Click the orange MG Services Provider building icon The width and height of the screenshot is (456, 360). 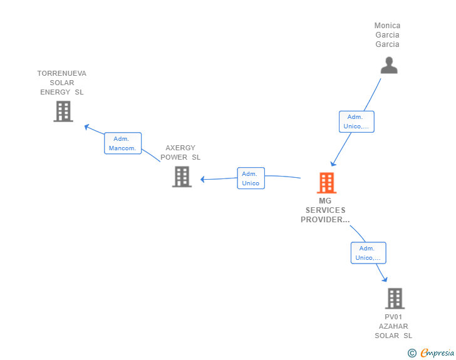pos(326,183)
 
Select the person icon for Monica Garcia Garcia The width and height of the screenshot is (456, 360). pos(389,65)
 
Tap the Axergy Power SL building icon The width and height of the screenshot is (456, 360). pos(182,177)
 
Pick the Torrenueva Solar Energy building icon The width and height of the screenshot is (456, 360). pos(63,111)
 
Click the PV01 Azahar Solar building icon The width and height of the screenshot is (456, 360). pos(395,299)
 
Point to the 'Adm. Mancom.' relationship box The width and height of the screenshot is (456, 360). pos(123,143)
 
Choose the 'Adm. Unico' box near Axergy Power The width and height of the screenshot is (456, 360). pos(251,178)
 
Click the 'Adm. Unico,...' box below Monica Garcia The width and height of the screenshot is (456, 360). pos(356,121)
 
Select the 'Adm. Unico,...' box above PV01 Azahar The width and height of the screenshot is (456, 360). pos(368,253)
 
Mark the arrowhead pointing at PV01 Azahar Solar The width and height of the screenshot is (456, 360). pos(384,279)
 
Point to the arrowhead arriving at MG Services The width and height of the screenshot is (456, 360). pos(333,165)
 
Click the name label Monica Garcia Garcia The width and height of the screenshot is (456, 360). pos(387,35)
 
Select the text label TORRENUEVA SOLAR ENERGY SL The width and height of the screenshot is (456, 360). pos(61,83)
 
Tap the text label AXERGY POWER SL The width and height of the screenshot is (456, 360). pos(180,153)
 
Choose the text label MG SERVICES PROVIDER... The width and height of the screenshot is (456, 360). pos(325,210)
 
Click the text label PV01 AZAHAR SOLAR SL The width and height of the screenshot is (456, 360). pos(393,326)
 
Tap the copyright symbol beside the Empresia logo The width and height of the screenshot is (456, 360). pos(412,353)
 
